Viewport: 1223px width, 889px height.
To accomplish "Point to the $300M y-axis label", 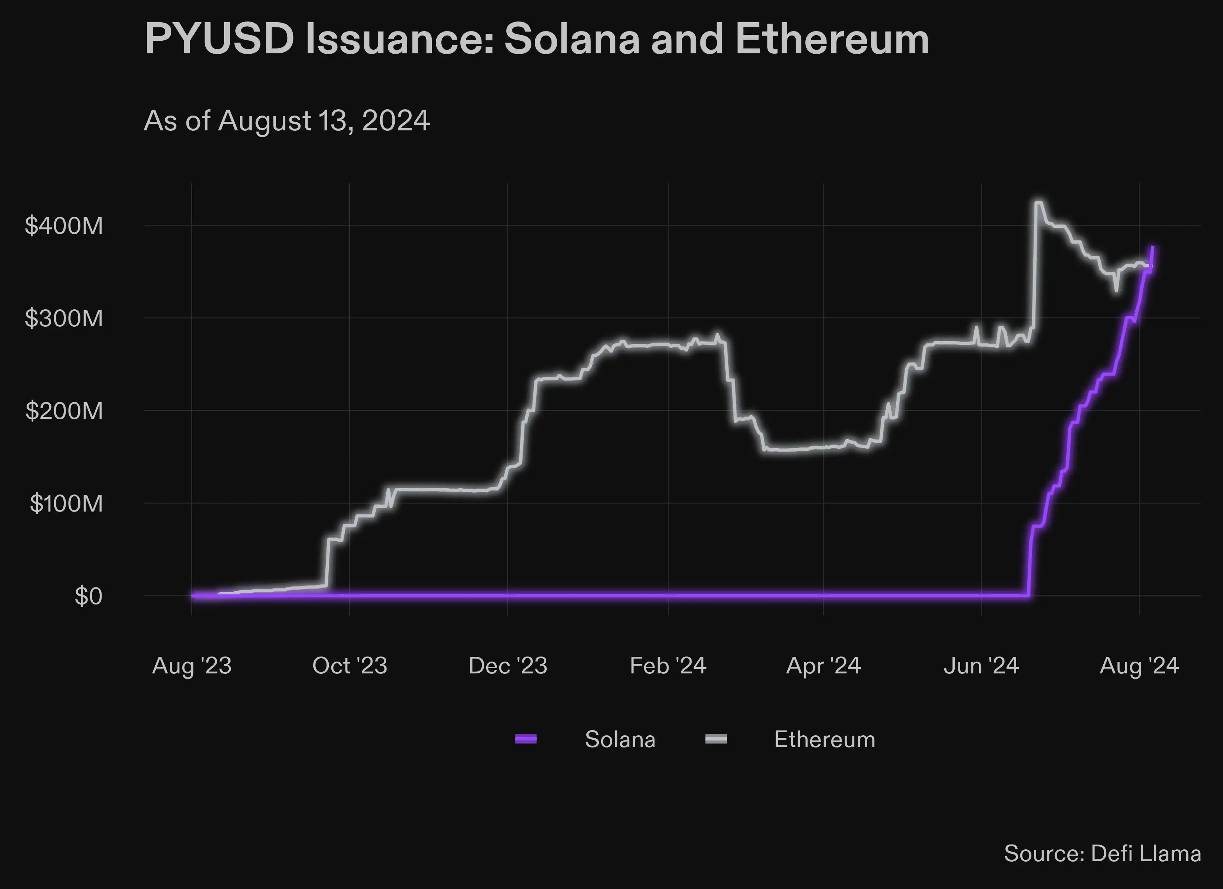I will point(64,318).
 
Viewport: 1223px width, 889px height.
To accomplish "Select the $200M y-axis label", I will point(64,411).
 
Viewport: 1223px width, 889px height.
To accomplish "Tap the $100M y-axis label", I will point(66,503).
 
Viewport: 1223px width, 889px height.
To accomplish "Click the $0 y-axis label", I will point(88,596).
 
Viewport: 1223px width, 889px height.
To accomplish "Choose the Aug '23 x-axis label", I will point(192,666).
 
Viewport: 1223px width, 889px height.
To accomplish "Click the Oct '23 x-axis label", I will point(349,666).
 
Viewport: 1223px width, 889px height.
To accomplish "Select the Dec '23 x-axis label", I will point(508,666).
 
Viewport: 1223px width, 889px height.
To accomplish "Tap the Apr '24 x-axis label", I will point(823,666).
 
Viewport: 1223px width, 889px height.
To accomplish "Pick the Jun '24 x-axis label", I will point(981,666).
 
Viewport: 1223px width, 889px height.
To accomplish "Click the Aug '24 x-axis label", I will point(1139,666).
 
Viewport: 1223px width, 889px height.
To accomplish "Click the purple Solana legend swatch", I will point(526,739).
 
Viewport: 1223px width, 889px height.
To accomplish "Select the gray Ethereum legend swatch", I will point(716,739).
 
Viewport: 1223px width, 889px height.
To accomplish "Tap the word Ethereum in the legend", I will point(825,739).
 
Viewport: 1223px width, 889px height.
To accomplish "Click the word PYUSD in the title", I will point(219,39).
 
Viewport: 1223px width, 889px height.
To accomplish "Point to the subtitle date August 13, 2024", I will point(324,120).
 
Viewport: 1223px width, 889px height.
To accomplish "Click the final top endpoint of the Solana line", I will point(1152,247).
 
